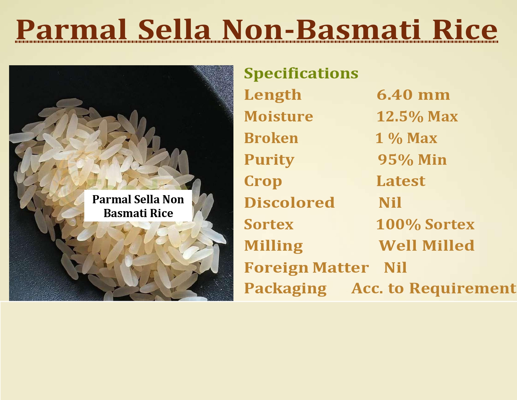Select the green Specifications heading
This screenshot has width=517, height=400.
301,74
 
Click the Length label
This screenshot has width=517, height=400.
273,95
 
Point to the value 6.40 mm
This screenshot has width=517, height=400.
413,95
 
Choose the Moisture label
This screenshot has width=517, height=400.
278,116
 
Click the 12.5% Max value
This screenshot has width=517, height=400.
417,116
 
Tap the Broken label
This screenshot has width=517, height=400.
271,138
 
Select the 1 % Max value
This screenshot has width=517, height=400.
406,138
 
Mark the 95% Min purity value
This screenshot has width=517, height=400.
412,160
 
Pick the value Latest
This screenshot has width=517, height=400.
401,181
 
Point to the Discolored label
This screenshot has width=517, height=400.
289,203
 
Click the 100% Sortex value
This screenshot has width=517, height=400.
425,224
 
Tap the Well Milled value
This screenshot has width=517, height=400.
426,246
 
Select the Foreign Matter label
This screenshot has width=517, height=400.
306,268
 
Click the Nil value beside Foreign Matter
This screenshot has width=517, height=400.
395,267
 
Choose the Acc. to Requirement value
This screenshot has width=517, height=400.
434,289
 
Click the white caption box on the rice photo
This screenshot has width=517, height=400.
138,206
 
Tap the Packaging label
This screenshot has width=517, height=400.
285,289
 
